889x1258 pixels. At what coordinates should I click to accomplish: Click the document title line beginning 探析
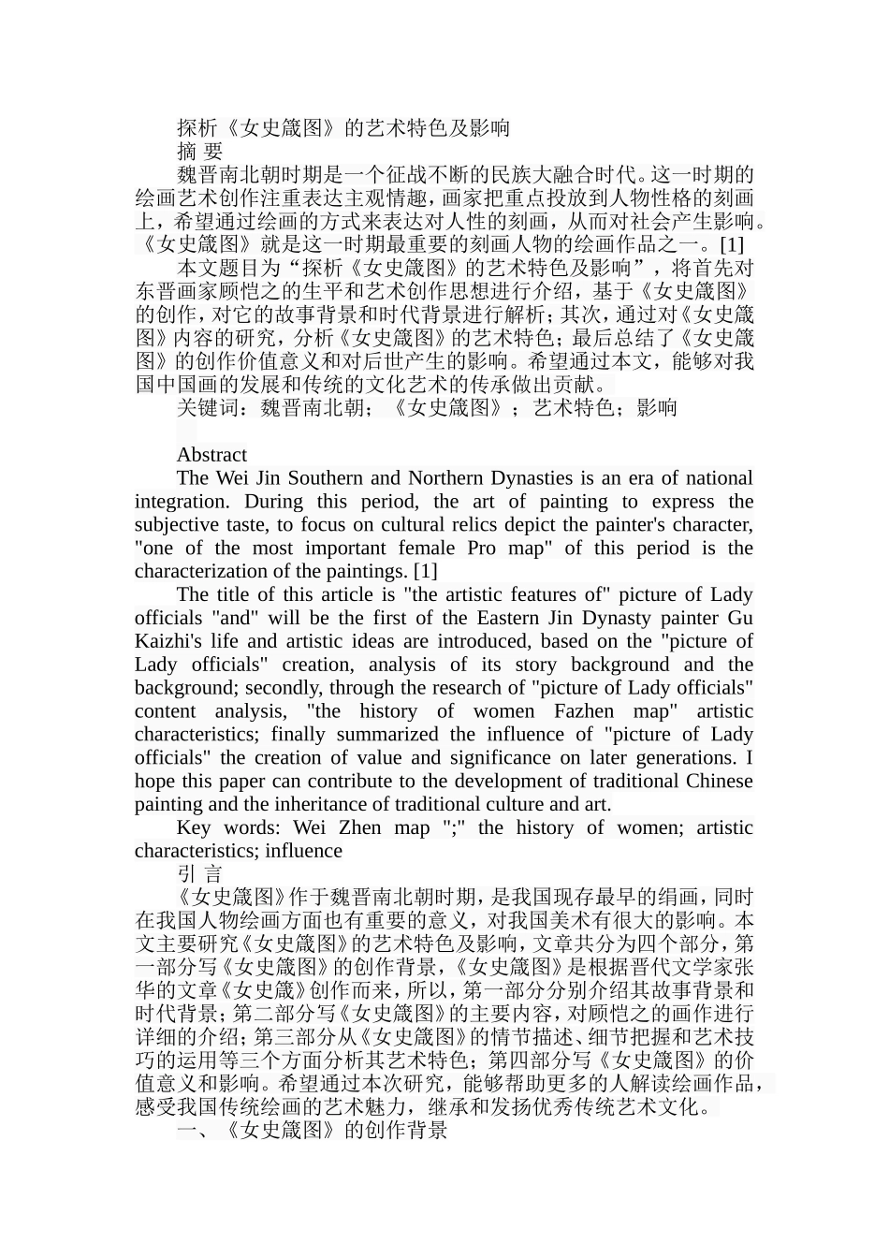(x=343, y=128)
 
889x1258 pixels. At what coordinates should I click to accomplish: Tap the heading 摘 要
(x=199, y=152)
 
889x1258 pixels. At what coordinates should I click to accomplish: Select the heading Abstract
(x=211, y=455)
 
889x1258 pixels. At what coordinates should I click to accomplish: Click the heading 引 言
(x=199, y=874)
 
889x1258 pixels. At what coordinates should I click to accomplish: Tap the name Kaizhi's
(x=173, y=641)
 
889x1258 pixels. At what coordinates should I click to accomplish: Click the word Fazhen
(x=585, y=711)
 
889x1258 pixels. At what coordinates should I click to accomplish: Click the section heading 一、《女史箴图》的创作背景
(x=312, y=1131)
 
